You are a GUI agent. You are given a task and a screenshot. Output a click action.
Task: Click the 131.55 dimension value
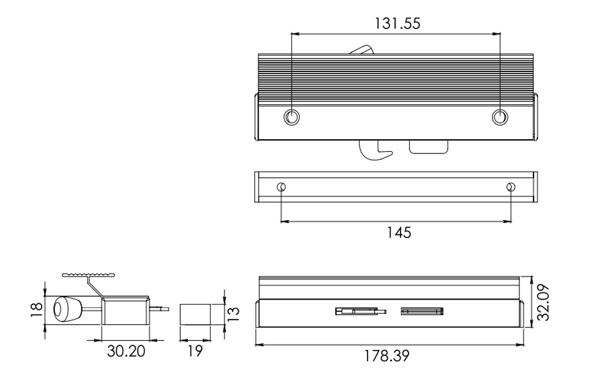[397, 23]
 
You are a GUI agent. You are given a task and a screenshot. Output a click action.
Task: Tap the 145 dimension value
[399, 232]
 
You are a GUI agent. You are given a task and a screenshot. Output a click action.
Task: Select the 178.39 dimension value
[386, 356]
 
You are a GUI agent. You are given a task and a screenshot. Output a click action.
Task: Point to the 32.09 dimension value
[543, 302]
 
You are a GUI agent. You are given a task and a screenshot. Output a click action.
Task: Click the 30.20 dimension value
[126, 351]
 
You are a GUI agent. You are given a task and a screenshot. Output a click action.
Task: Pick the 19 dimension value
[195, 351]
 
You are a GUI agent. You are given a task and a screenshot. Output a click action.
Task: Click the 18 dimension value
[37, 310]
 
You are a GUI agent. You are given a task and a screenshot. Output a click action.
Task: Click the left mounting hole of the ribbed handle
[292, 117]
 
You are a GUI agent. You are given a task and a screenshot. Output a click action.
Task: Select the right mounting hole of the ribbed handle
[500, 117]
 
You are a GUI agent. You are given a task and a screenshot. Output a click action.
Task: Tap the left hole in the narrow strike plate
[281, 186]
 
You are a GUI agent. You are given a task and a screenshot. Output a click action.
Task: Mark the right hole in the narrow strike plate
[511, 186]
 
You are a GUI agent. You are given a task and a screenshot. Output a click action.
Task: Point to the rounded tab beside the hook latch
[429, 147]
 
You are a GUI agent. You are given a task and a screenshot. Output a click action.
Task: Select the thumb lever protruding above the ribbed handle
[362, 50]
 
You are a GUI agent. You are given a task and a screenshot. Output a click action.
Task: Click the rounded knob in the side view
[67, 310]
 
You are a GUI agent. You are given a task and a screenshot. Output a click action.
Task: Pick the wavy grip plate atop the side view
[88, 275]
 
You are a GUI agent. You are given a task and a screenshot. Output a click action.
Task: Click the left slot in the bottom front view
[361, 311]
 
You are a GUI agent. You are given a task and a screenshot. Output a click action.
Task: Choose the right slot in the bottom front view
[422, 311]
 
